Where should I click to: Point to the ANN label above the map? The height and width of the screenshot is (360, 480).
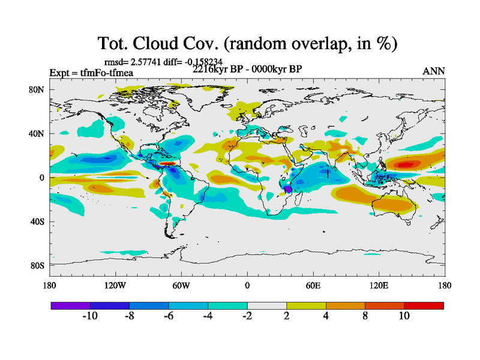(434, 71)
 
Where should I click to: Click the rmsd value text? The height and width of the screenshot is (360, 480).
(162, 61)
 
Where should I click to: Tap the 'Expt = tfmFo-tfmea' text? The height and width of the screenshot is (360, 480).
(91, 73)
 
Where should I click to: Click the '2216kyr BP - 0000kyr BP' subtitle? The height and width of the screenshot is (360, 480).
(247, 69)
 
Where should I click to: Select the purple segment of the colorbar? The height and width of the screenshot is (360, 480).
(70, 305)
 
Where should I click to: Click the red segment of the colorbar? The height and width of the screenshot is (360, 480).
(424, 305)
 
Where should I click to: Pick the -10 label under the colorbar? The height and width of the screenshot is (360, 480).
(90, 316)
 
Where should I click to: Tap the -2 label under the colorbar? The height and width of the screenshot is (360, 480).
(247, 316)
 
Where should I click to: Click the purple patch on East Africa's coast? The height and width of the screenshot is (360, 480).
(287, 188)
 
